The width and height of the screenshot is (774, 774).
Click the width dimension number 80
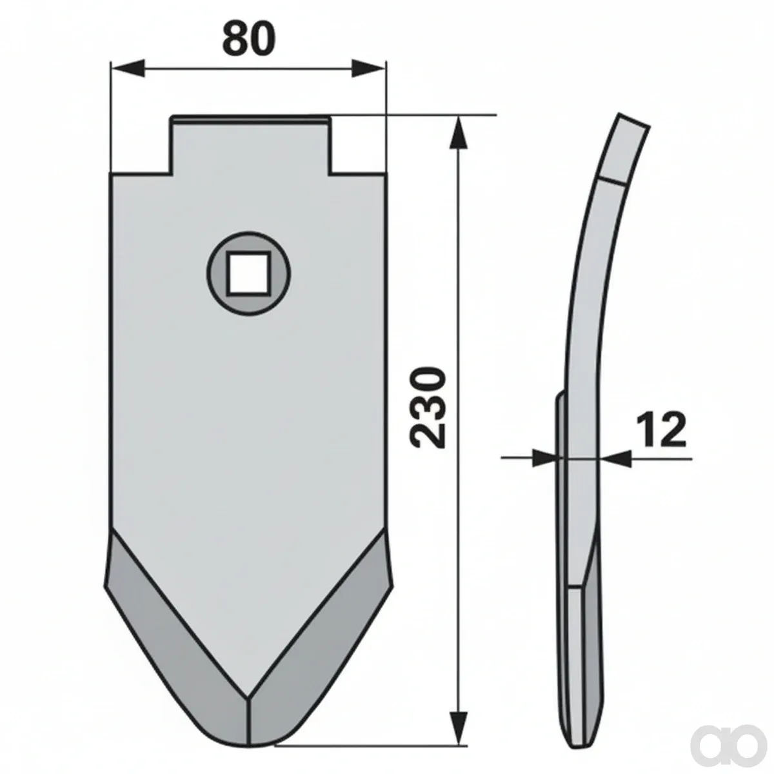click(x=250, y=39)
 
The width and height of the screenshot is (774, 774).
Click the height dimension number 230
click(x=428, y=407)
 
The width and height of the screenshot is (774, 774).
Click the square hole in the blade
click(x=248, y=273)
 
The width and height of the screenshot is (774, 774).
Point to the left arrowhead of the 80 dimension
click(x=127, y=68)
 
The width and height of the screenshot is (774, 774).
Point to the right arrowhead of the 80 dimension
click(x=369, y=68)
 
